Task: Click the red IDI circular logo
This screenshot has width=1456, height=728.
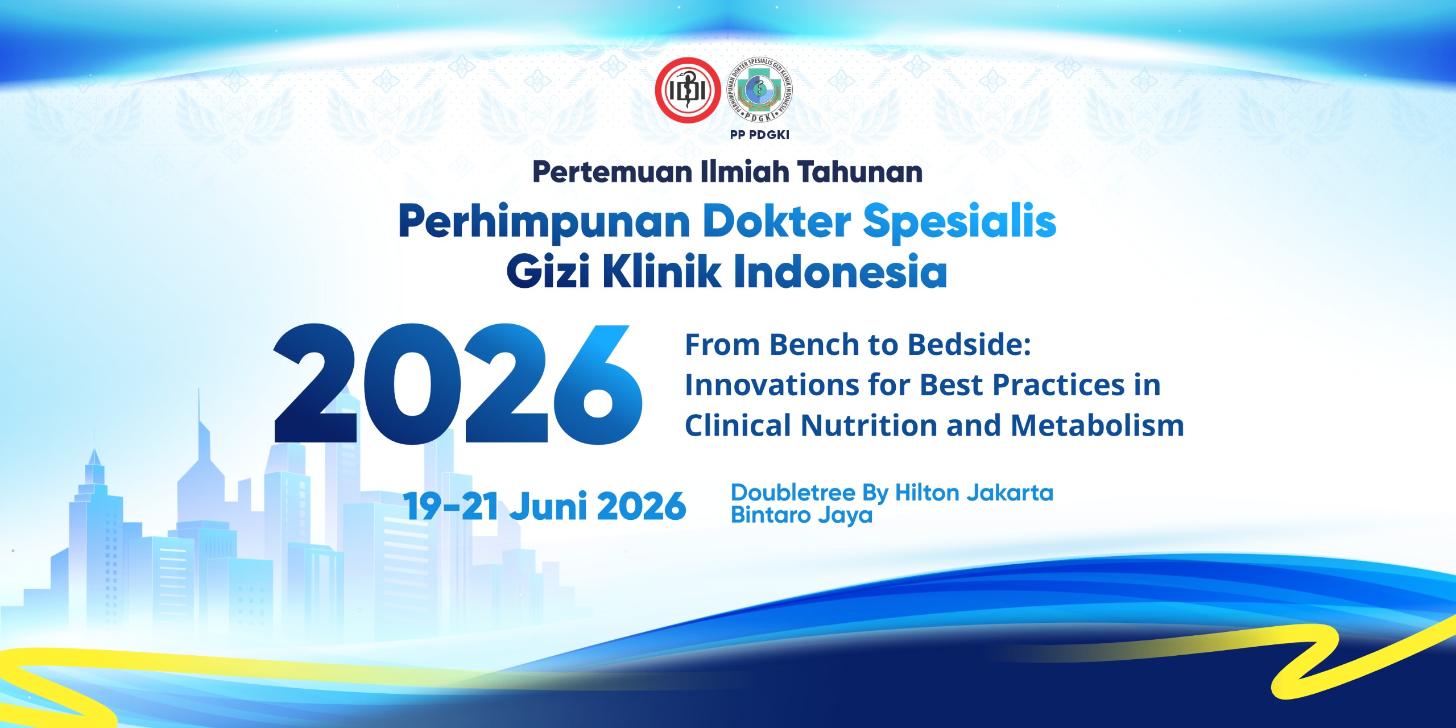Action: [688, 90]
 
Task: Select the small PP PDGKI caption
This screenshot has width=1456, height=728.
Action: [760, 135]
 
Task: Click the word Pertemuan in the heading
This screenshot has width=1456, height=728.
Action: [613, 172]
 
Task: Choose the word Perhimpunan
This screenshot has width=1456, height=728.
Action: [545, 222]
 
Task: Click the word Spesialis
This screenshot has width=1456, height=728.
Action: [960, 222]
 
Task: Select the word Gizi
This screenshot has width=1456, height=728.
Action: [548, 271]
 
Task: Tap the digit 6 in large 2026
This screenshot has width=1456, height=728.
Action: [598, 385]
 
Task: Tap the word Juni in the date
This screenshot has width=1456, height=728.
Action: [548, 506]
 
